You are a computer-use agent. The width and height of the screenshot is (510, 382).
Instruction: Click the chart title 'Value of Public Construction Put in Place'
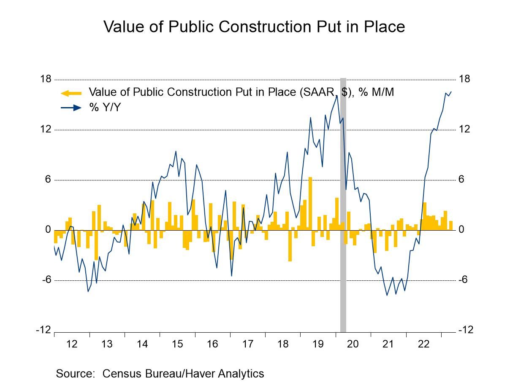[254, 27]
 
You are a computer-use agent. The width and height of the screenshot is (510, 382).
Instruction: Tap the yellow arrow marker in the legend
[71, 93]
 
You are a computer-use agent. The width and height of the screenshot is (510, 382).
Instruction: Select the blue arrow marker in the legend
[71, 108]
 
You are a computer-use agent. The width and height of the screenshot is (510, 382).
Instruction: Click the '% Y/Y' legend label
[105, 108]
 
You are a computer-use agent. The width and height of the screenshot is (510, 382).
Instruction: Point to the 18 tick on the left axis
[46, 79]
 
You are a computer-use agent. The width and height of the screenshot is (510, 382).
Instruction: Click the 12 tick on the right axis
[464, 129]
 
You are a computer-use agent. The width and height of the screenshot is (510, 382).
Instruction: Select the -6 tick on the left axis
[46, 280]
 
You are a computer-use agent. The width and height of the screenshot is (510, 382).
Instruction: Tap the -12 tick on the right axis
[466, 330]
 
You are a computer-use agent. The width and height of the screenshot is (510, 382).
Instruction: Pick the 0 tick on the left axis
[48, 230]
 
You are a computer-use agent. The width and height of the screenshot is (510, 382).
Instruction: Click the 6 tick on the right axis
[461, 180]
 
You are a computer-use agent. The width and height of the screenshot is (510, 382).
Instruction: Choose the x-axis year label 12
[72, 344]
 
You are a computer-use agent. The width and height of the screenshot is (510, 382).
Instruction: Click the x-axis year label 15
[177, 344]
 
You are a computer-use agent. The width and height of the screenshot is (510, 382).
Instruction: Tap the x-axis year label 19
[318, 344]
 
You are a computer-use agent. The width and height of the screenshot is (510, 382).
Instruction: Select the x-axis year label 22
[423, 344]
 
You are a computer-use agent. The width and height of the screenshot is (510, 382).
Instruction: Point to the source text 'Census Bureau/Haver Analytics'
[183, 374]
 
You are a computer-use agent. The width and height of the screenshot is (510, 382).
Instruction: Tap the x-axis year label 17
[247, 344]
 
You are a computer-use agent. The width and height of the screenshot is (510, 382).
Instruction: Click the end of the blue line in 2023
[451, 91]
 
